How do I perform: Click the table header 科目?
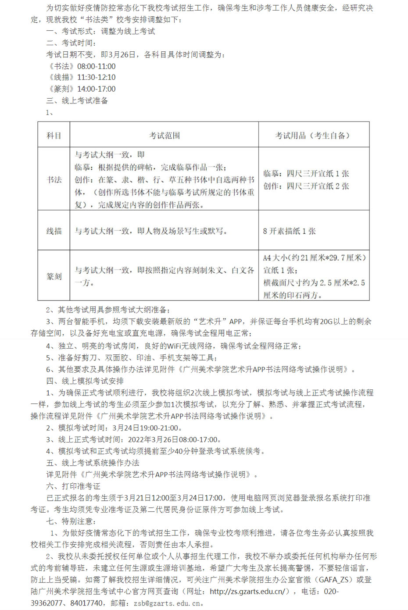tap(54, 136)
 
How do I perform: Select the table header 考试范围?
tap(165, 136)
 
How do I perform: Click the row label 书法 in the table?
tap(54, 179)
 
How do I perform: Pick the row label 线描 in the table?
tap(54, 231)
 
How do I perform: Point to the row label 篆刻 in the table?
tap(54, 276)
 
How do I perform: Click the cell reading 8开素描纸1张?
tap(290, 231)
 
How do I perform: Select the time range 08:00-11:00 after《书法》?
tap(97, 66)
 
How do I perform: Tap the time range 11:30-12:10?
tap(97, 77)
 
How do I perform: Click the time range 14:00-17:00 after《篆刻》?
tap(97, 89)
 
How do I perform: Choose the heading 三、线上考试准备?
tap(77, 100)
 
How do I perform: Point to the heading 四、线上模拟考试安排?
tap(85, 381)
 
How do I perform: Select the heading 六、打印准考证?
tap(73, 486)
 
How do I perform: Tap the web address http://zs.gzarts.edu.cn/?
tap(247, 591)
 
